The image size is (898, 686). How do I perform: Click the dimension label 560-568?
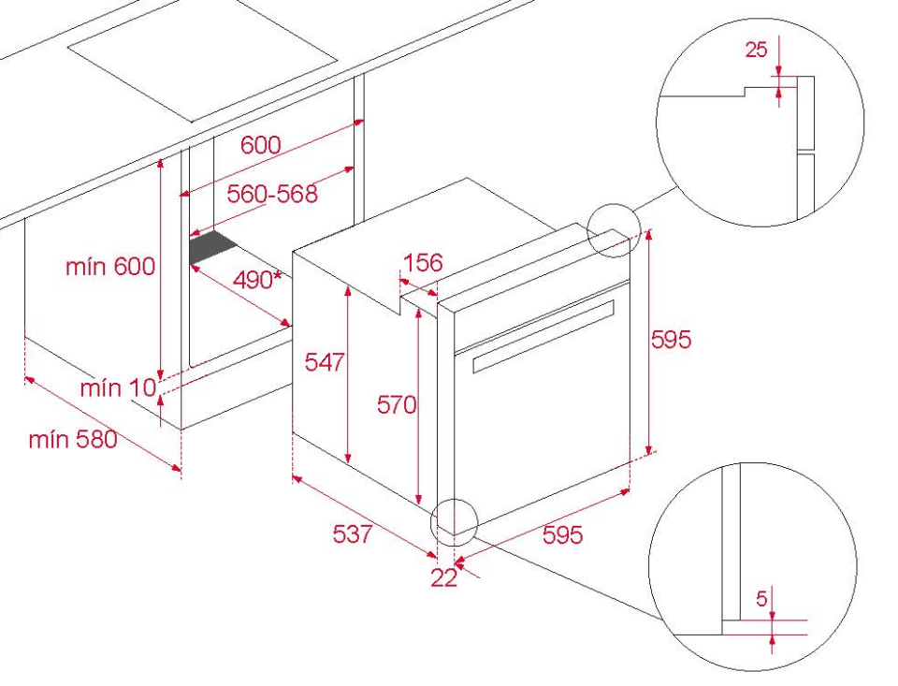click(272, 194)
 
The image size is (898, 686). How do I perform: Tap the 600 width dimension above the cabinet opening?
click(261, 145)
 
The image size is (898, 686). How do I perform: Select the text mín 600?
click(110, 267)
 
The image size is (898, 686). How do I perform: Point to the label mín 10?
click(118, 388)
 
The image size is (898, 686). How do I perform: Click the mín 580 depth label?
click(73, 440)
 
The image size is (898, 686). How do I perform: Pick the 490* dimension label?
click(258, 280)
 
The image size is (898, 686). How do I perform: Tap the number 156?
click(423, 262)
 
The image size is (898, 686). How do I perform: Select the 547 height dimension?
click(325, 362)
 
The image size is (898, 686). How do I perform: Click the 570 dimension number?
click(397, 405)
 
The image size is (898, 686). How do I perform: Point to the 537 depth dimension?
click(353, 534)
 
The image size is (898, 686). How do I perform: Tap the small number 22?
click(443, 577)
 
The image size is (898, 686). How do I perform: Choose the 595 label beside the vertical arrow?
click(672, 340)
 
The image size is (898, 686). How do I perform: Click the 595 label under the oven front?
click(562, 534)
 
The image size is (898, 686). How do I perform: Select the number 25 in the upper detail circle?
click(756, 50)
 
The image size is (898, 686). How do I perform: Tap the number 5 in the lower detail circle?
click(761, 599)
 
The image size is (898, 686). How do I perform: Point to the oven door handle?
click(543, 335)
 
